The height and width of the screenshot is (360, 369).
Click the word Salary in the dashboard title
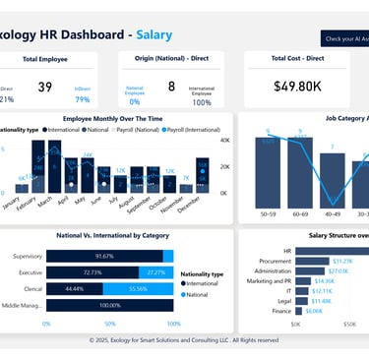154,35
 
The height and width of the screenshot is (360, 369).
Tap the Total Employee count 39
44,88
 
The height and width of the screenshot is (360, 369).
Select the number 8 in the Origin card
171,87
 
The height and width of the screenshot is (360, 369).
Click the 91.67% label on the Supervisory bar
105,256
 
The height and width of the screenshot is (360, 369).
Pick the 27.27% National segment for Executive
155,271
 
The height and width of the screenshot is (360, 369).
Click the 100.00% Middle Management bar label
109,306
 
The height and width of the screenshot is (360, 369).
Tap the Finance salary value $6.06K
313,310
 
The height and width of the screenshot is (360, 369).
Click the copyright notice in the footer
184,339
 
